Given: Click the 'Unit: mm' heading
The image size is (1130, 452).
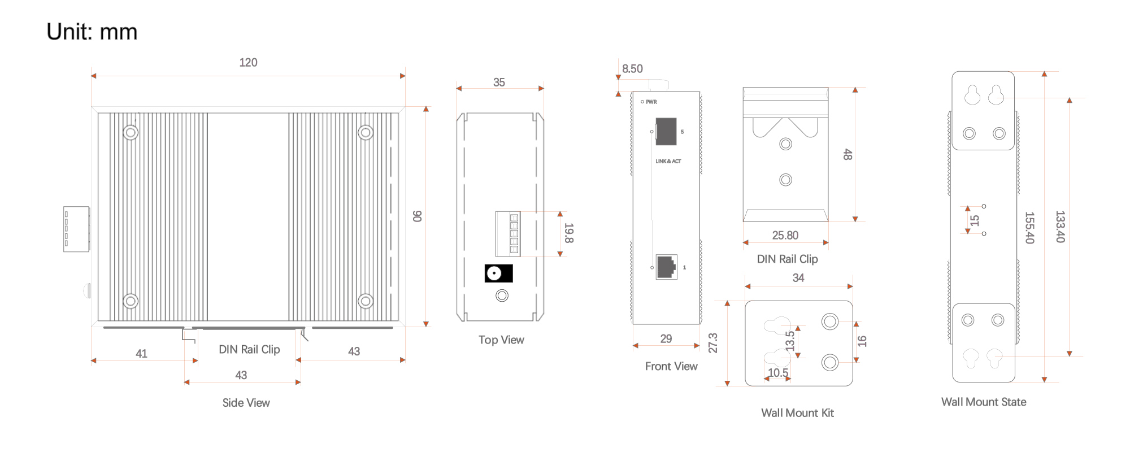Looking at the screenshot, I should (x=92, y=32).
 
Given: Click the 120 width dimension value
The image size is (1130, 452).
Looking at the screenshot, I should (x=248, y=63).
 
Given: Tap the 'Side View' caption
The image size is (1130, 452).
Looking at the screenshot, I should (x=246, y=403).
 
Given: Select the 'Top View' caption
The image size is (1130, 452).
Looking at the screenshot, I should (x=501, y=340).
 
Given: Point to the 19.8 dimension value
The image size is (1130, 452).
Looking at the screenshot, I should (x=569, y=233).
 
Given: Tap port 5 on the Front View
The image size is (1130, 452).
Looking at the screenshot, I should (x=666, y=132).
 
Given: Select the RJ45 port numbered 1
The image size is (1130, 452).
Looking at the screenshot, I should (x=667, y=267).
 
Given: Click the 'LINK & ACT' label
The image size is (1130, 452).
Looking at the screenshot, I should (x=668, y=162).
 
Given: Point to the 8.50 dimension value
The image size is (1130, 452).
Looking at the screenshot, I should (x=632, y=69).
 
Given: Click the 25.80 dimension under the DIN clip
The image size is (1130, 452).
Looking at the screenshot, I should (x=785, y=236).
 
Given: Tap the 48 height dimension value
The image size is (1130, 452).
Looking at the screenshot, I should (x=847, y=154).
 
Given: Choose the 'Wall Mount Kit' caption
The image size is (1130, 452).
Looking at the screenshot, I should (x=797, y=413).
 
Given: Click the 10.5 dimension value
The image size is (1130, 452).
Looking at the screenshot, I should (x=778, y=373).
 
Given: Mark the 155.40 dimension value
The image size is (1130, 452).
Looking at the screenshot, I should (x=1029, y=228).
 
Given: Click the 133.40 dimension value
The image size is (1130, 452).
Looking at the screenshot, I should (x=1060, y=227).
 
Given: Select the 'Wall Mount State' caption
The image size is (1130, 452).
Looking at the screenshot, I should (x=984, y=402).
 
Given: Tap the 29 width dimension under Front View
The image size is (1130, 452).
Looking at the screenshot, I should (x=666, y=339).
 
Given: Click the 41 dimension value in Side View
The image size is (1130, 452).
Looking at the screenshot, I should (x=141, y=354).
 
